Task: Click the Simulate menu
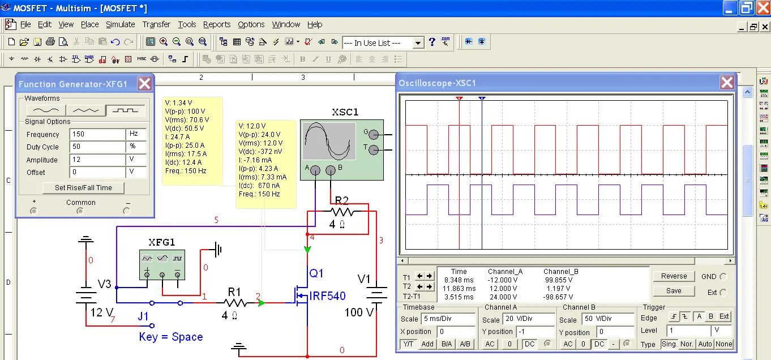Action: (120, 24)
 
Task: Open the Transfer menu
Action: (156, 24)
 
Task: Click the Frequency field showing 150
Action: (97, 135)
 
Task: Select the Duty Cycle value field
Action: (97, 147)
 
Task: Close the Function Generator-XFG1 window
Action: (145, 84)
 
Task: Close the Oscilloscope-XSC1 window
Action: (727, 83)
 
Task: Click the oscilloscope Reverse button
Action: (674, 276)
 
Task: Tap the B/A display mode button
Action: (447, 344)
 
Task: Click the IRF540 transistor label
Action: (327, 296)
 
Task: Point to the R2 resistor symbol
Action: (342, 212)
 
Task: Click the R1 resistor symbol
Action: (234, 303)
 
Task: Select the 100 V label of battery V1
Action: (359, 312)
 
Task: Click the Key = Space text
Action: (171, 337)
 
